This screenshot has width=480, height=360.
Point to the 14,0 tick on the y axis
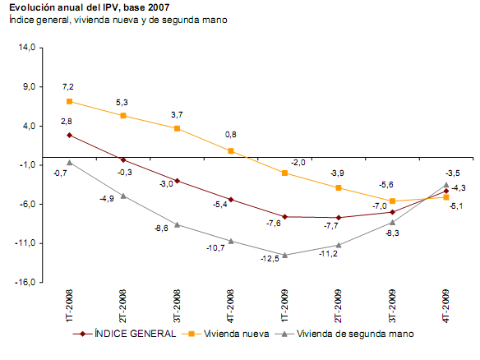[x=28, y=48]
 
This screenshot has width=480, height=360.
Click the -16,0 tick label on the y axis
[x=26, y=282]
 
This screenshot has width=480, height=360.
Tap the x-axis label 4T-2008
[x=231, y=305]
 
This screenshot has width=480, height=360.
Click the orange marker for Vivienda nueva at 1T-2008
[x=70, y=101]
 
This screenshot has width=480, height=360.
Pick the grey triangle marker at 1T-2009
[x=284, y=255]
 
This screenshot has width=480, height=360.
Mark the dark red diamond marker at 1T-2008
[x=70, y=135]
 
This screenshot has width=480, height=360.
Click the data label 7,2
[x=68, y=86]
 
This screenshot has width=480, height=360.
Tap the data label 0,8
[x=231, y=135]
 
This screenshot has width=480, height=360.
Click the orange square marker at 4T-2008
[x=231, y=151]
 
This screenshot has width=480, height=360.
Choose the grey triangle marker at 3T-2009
[x=392, y=222]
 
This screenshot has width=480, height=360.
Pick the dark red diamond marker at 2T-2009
[x=339, y=218]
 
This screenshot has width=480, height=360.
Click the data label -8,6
[x=162, y=228]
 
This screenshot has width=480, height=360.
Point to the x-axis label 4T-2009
[x=445, y=305]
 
